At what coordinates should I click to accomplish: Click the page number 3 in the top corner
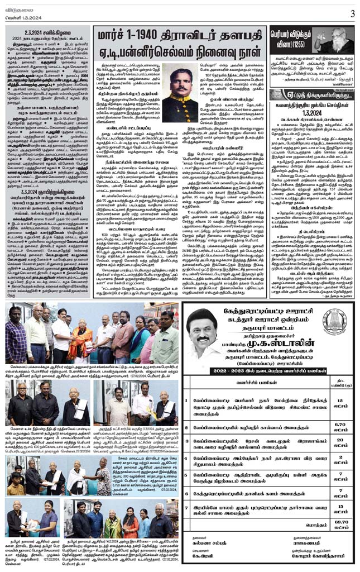[352, 13]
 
